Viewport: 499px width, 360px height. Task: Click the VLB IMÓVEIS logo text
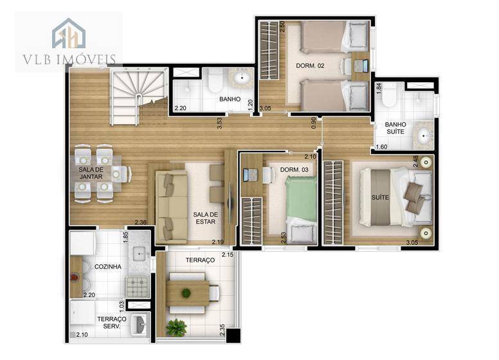tap(69, 60)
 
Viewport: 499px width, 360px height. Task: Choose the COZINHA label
tap(107, 266)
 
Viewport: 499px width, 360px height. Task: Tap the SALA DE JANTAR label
tap(91, 173)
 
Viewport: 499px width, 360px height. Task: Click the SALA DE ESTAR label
tap(206, 218)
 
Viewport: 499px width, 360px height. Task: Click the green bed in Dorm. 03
tap(301, 199)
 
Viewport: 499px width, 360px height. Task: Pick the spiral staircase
tap(136, 96)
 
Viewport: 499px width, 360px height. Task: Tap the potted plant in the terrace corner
tap(176, 328)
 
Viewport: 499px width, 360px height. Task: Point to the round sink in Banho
tap(242, 80)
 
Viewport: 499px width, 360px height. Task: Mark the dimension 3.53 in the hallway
tap(220, 123)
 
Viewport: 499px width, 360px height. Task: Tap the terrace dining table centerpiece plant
tap(186, 293)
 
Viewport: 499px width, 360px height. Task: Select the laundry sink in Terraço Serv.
tap(139, 324)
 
